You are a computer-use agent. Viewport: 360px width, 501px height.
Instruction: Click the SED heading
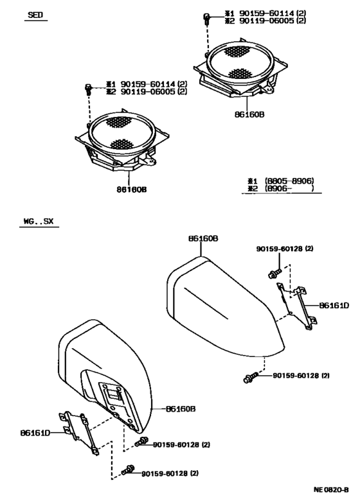[35, 15]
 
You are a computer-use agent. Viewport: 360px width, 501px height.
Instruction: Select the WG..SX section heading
[39, 221]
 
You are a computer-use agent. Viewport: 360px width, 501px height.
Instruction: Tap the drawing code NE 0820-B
[331, 489]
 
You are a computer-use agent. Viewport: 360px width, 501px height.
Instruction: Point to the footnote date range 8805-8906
[289, 181]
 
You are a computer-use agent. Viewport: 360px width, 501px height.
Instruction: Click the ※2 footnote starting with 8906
[281, 188]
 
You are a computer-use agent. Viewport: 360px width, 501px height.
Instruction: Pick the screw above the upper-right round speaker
[206, 19]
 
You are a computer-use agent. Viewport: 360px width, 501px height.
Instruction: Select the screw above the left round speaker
[88, 89]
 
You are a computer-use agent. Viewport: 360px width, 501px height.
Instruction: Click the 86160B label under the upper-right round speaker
[249, 114]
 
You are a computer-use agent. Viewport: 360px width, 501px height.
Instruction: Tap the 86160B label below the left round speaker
[131, 189]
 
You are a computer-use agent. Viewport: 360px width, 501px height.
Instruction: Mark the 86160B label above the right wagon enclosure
[203, 238]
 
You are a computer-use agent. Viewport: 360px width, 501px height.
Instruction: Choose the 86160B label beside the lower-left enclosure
[181, 409]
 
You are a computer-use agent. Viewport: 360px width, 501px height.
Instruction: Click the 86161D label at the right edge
[334, 306]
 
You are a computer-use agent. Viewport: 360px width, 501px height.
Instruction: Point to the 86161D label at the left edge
[35, 433]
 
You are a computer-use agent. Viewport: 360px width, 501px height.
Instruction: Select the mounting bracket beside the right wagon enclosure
[297, 307]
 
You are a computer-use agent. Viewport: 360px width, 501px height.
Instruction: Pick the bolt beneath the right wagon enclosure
[251, 378]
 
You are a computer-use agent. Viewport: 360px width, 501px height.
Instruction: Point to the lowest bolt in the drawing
[129, 470]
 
